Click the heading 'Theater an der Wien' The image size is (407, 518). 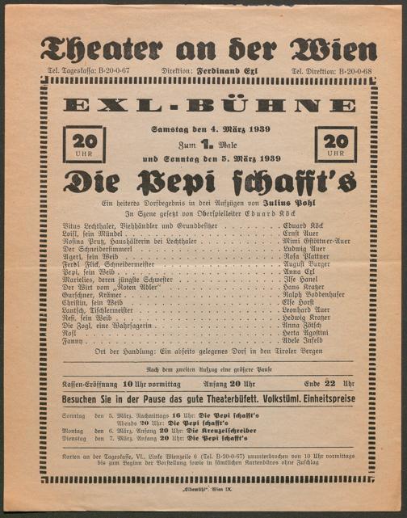[208, 49]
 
